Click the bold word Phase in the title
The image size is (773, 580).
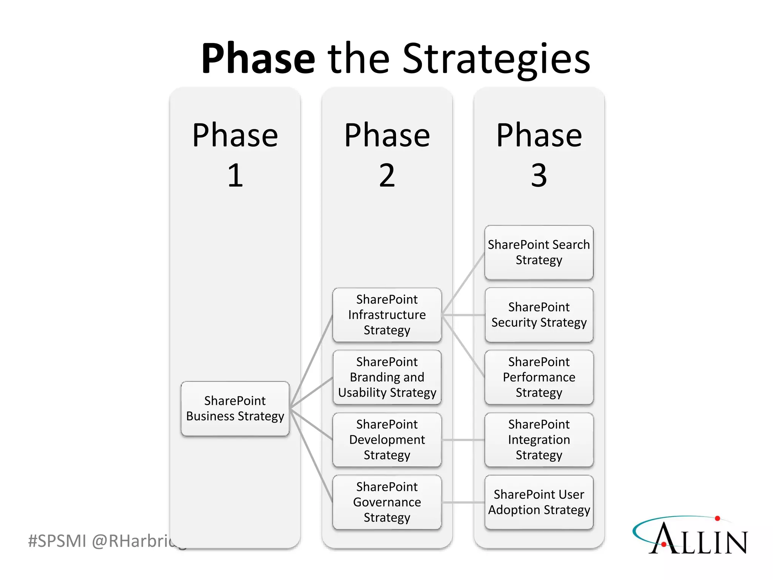point(258,59)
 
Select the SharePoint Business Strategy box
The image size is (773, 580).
point(235,409)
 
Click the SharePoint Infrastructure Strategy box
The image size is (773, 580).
point(387,315)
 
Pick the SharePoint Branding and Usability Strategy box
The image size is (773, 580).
point(387,377)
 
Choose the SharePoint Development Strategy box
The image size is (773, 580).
point(387,440)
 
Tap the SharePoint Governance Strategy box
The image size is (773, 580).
point(387,502)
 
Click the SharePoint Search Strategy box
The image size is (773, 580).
point(539,252)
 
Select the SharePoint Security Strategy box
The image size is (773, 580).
point(539,315)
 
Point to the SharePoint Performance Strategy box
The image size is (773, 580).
point(539,377)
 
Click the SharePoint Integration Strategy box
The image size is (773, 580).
point(539,440)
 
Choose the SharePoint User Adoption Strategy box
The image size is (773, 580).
point(539,502)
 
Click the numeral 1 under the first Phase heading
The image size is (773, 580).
point(235,175)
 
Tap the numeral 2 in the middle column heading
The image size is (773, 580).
point(387,175)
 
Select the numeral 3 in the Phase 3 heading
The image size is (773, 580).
point(539,175)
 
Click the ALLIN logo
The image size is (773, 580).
point(691,536)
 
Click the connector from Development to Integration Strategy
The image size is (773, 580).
point(463,440)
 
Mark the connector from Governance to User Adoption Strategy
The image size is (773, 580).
point(463,502)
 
